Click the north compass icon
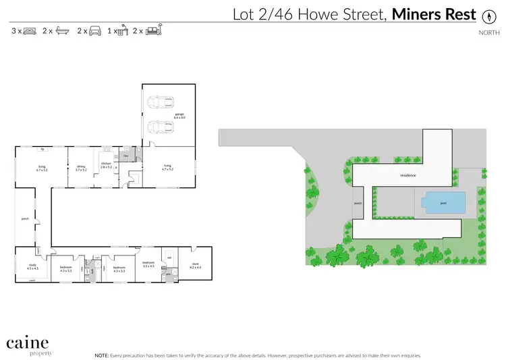point(488,15)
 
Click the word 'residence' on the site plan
point(408,175)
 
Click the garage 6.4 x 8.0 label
point(179,116)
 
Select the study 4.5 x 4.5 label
point(32,267)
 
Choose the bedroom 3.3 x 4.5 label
point(148,264)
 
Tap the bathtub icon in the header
point(62,31)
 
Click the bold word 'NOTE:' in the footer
point(101,354)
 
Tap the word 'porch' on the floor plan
point(25,218)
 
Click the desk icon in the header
point(124,30)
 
